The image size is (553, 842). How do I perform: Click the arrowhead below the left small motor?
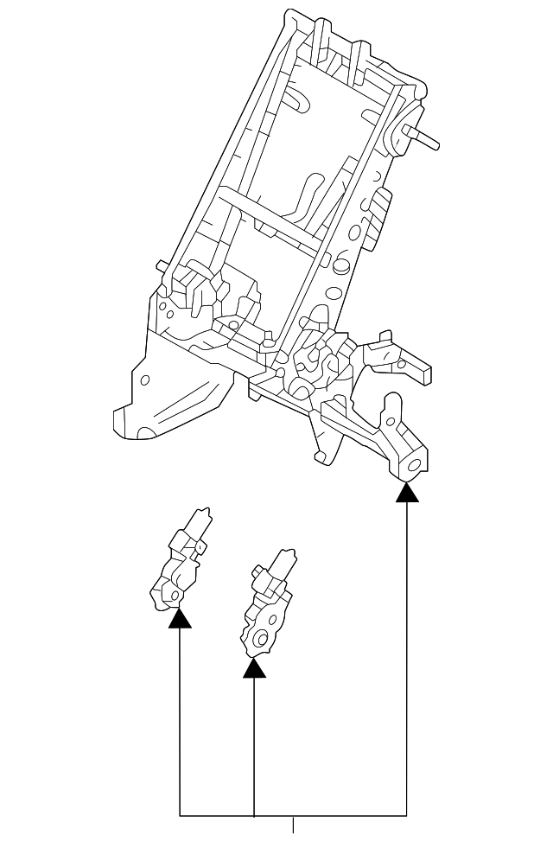click(x=180, y=617)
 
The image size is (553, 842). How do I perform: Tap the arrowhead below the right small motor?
click(x=254, y=667)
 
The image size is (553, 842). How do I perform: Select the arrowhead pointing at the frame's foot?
click(x=407, y=493)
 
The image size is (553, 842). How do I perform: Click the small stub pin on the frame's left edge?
click(x=162, y=267)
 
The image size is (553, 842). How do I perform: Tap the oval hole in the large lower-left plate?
click(x=145, y=380)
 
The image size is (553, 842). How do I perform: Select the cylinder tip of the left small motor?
click(x=205, y=516)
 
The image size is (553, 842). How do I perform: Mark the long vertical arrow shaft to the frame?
click(x=407, y=657)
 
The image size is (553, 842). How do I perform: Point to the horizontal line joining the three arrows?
click(x=293, y=815)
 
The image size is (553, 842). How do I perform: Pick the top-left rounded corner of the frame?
click(x=290, y=15)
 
